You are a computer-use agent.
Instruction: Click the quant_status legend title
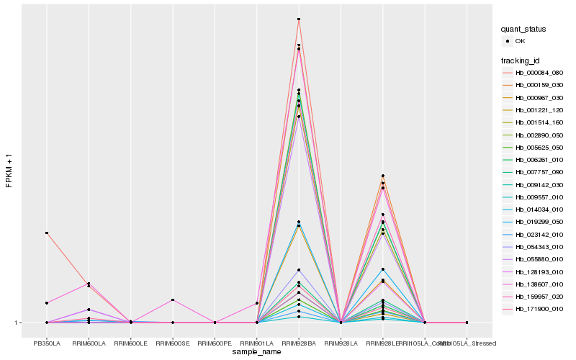[523, 29]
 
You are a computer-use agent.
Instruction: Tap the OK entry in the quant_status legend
[520, 41]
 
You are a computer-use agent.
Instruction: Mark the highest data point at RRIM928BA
[299, 19]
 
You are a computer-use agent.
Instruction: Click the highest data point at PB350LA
[47, 233]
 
